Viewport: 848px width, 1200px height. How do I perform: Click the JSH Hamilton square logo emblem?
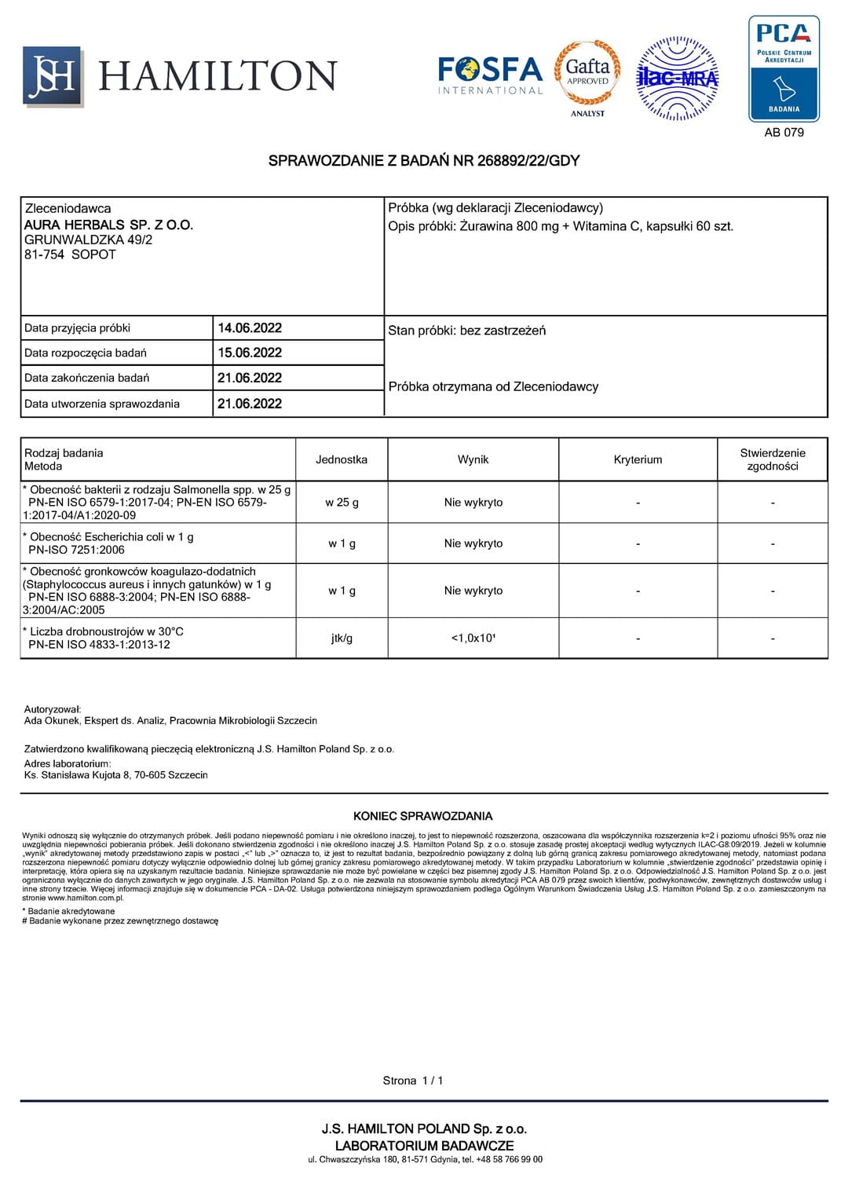pos(52,75)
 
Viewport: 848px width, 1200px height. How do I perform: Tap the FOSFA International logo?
pos(490,75)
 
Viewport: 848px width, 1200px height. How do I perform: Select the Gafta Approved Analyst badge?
pos(587,76)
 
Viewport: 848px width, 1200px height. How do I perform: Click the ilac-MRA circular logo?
pos(677,78)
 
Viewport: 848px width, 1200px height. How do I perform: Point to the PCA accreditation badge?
pos(784,69)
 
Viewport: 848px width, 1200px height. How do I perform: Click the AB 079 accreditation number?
pos(784,133)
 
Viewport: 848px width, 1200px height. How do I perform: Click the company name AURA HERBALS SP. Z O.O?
pos(108,225)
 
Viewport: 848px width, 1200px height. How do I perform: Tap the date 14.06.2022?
pos(250,328)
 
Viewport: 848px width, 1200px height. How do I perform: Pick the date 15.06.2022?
pos(250,353)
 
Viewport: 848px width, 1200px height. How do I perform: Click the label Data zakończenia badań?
pos(86,378)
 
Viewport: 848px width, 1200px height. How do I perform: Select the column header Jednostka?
pos(342,459)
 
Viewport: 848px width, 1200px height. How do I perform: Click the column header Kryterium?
pos(638,459)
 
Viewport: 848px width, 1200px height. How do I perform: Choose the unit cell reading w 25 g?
pos(342,503)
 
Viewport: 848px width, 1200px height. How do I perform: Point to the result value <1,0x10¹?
pos(473,638)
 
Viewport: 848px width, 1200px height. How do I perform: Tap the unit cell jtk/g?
pos(342,638)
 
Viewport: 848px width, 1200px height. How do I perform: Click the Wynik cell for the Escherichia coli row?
pos(473,543)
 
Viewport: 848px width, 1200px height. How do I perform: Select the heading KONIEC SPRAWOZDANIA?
pos(423,816)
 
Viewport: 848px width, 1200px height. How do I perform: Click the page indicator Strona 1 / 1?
pos(413,1081)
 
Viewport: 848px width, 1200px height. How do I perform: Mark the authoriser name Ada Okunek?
pos(52,720)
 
